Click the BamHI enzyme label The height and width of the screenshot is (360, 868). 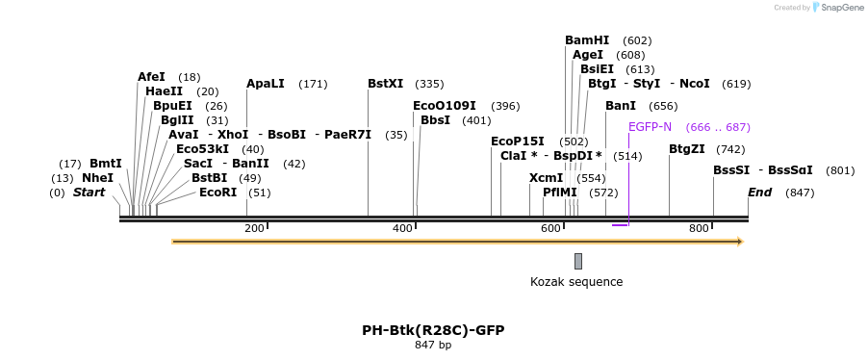[x=587, y=40]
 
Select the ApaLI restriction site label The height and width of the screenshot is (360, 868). [x=266, y=84]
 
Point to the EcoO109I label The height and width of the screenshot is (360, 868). [x=445, y=106]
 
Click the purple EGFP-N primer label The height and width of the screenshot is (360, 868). [x=650, y=127]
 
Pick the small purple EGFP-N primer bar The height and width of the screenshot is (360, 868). [x=620, y=225]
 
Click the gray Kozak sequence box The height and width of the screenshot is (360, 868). [x=578, y=261]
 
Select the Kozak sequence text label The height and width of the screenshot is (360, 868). [x=576, y=282]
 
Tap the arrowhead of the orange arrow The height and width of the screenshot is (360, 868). [x=739, y=242]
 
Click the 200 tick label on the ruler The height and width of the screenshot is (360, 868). [x=254, y=228]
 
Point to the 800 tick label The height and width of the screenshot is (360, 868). [x=699, y=228]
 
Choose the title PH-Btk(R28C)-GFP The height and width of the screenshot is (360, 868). [x=433, y=330]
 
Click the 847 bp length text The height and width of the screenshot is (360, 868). [x=433, y=345]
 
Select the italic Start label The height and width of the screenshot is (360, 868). [x=89, y=193]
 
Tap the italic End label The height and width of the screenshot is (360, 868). [x=759, y=193]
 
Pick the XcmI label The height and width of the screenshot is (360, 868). [x=547, y=178]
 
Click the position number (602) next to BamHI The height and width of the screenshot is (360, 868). [x=637, y=40]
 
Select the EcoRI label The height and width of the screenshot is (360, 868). [x=217, y=193]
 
